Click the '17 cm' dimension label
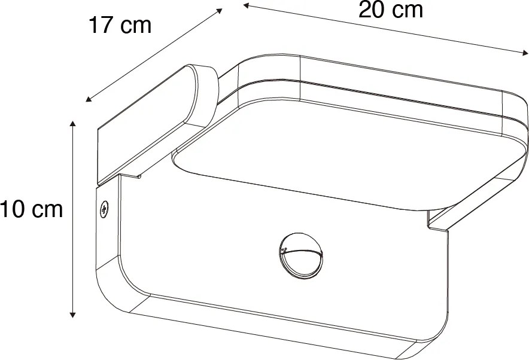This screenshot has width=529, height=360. pyautogui.click(x=120, y=26)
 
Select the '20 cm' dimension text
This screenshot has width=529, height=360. pyautogui.click(x=390, y=10)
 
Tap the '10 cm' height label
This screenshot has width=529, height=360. pyautogui.click(x=31, y=210)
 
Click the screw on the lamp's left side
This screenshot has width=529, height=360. pyautogui.click(x=104, y=209)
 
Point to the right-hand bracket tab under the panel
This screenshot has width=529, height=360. pyautogui.click(x=440, y=222)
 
